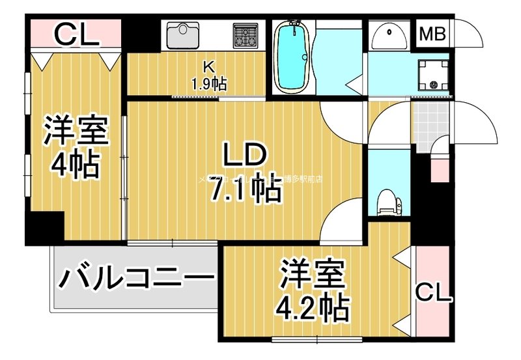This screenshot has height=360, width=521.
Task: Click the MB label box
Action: click(432, 35)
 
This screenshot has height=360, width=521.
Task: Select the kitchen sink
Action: click(187, 35)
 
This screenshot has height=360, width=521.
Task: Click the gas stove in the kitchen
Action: click(245, 35)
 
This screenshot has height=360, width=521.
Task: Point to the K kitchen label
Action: click(208, 66)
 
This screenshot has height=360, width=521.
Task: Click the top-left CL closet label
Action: click(76, 34)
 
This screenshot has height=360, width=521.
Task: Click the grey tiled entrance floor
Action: click(430, 124)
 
